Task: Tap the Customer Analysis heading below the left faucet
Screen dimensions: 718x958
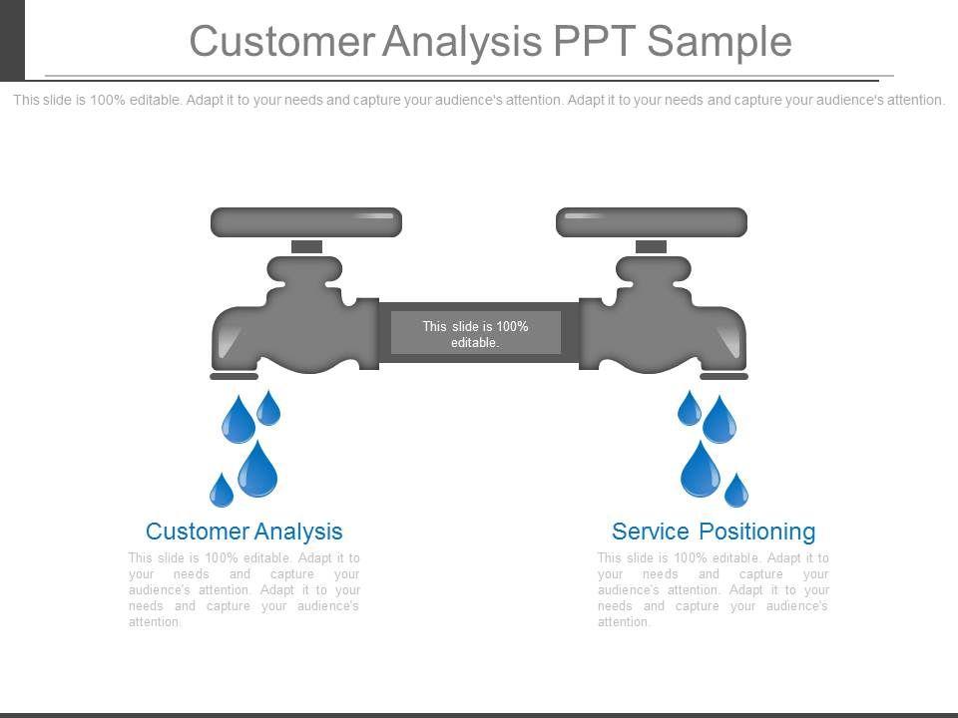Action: [244, 532]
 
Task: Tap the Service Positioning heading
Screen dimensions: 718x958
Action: [714, 532]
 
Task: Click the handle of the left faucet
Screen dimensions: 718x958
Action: [306, 222]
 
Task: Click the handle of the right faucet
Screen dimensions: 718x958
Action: [652, 222]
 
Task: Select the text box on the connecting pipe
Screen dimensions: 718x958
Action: [475, 333]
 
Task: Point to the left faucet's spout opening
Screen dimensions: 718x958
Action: [234, 376]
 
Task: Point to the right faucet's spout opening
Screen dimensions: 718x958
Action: [724, 376]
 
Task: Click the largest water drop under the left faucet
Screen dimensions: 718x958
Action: [257, 470]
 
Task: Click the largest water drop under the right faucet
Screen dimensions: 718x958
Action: [701, 470]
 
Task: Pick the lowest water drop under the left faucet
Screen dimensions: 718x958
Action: [222, 491]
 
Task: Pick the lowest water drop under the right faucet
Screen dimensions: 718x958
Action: [736, 491]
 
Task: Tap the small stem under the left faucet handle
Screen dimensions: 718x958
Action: [306, 246]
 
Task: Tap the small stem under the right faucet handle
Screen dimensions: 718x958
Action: [651, 246]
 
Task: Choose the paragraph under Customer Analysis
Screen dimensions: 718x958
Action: [244, 589]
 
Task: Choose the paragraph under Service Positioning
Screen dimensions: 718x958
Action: [714, 589]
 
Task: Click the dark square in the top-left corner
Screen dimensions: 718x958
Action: [12, 40]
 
